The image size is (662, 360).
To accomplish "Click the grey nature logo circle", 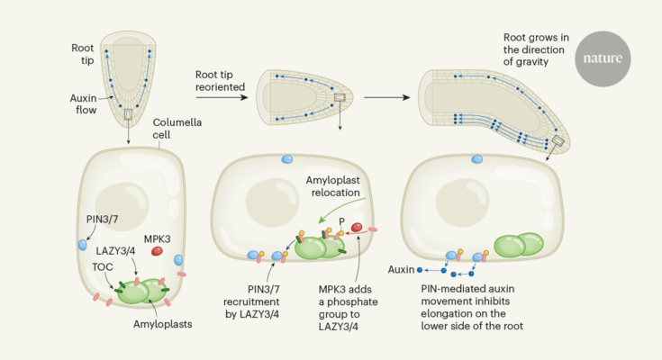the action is (x=603, y=58).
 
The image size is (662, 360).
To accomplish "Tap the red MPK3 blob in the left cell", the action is (x=157, y=251).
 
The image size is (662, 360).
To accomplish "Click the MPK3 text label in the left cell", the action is (x=157, y=238).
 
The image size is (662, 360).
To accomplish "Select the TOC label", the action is (x=103, y=266).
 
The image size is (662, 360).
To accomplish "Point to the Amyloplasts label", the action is (x=162, y=324).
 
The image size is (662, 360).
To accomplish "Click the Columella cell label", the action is (x=177, y=129).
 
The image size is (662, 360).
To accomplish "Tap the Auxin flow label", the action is (x=84, y=103).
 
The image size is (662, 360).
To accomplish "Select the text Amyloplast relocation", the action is (x=333, y=186).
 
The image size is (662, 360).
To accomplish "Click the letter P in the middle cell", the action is (x=341, y=221).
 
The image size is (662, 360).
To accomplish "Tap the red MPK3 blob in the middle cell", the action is (x=357, y=228).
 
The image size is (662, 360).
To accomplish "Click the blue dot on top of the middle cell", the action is (x=287, y=159).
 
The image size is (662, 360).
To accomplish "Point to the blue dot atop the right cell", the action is (x=477, y=159).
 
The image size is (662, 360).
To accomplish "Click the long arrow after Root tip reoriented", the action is (x=222, y=97).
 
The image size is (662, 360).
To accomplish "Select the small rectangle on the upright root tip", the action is (x=128, y=114).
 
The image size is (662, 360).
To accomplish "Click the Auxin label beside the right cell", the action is (x=401, y=269).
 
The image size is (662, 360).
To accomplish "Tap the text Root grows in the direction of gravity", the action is (x=536, y=49).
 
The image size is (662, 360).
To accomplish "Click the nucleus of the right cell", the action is (x=462, y=200).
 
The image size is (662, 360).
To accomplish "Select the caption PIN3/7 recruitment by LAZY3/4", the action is (x=251, y=301).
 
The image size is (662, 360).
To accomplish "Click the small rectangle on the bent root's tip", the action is (x=558, y=140).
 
